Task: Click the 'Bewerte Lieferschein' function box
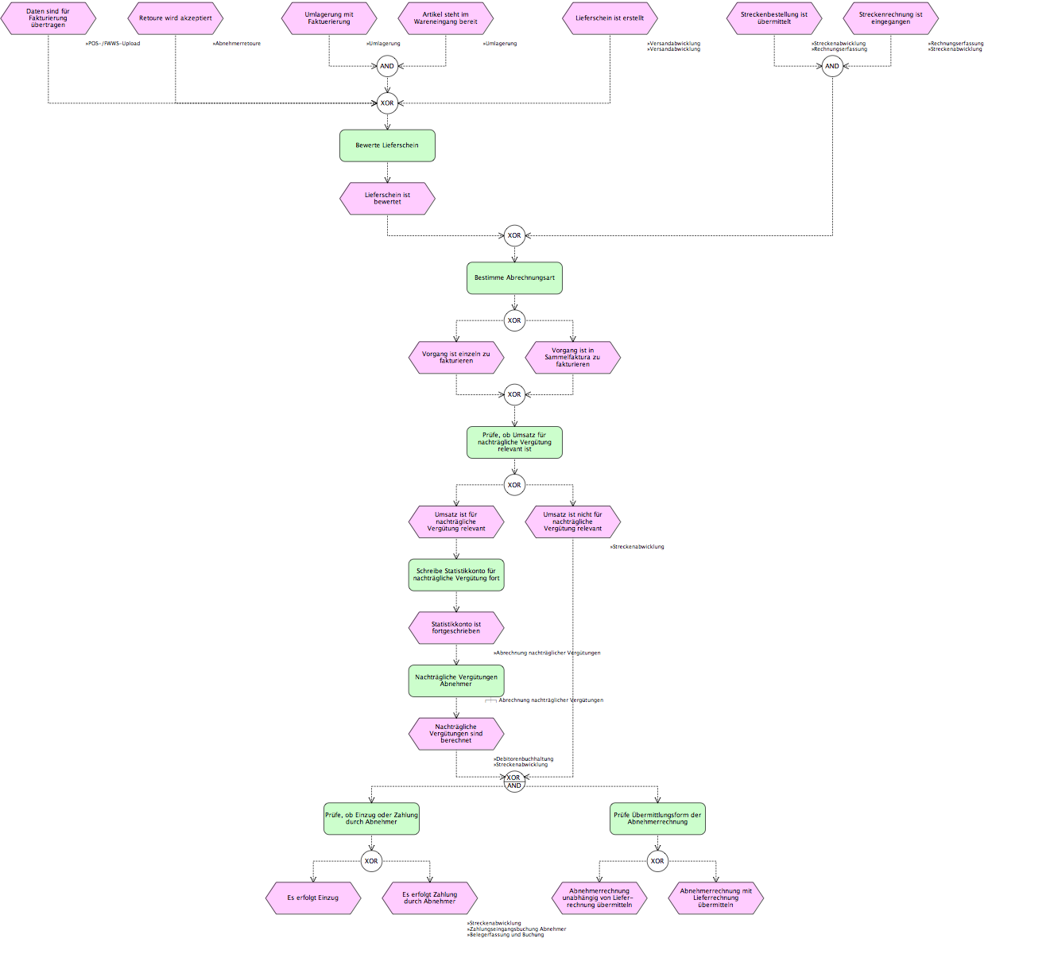(x=387, y=145)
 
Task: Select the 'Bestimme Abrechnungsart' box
(x=514, y=278)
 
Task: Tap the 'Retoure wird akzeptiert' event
(x=176, y=18)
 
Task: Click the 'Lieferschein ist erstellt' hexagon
(x=610, y=18)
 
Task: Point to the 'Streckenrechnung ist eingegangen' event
(x=890, y=18)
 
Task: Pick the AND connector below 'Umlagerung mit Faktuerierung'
(x=387, y=66)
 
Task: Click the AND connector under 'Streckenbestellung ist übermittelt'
(x=831, y=66)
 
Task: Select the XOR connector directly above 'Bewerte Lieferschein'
(x=387, y=103)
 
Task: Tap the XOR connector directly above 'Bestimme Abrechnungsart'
(x=514, y=235)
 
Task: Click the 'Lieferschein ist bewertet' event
(x=387, y=199)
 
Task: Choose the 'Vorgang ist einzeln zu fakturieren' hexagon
(x=456, y=358)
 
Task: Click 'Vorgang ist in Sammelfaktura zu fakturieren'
(x=572, y=358)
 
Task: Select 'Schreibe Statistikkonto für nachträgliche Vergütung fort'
(x=456, y=575)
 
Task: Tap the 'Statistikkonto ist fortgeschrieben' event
(x=456, y=628)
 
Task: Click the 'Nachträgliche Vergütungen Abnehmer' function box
(x=456, y=681)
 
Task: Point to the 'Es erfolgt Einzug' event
(x=313, y=898)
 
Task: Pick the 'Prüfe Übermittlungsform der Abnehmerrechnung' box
(x=657, y=818)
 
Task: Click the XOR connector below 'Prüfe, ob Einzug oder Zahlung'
(x=371, y=861)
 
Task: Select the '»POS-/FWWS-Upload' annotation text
(x=113, y=44)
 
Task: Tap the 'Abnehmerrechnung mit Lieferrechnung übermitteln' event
(x=715, y=898)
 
